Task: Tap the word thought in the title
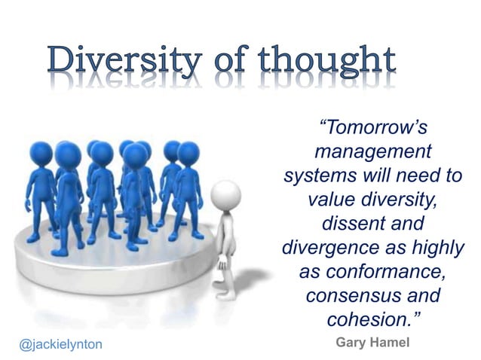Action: tap(326, 63)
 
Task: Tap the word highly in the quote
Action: tap(437, 247)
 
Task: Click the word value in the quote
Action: tap(332, 200)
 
